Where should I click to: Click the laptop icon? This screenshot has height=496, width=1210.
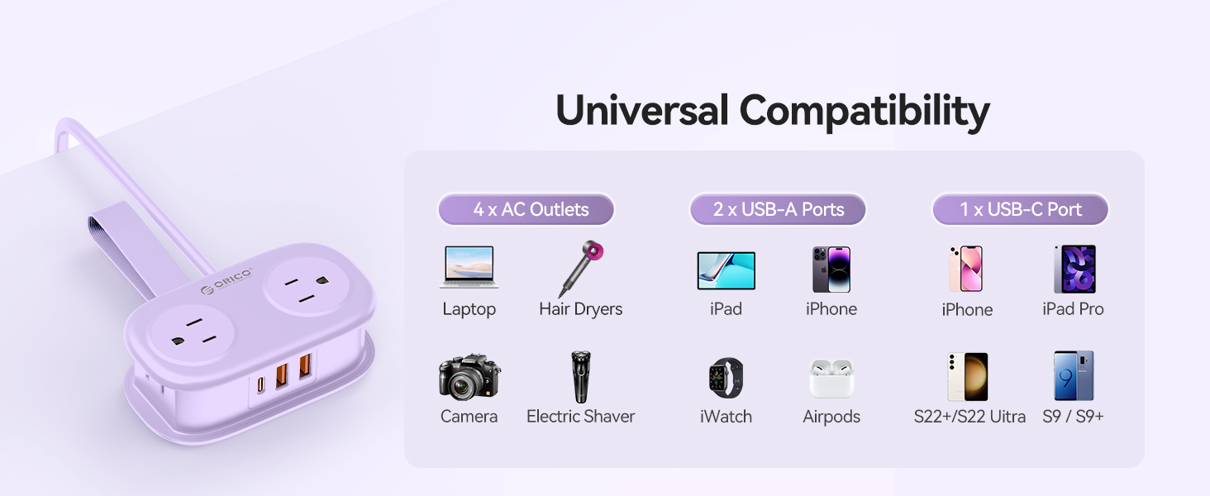click(469, 268)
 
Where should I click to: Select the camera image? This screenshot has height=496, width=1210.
click(469, 377)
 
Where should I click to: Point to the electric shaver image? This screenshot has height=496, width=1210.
click(581, 377)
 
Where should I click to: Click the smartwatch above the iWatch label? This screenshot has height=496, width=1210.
click(726, 379)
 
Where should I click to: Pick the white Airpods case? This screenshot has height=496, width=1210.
click(831, 379)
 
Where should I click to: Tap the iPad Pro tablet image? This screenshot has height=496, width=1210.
click(1074, 269)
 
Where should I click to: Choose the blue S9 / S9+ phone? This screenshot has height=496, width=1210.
click(1073, 377)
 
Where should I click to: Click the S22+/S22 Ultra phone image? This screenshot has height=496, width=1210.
click(968, 377)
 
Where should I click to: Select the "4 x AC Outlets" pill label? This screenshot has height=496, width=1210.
click(526, 210)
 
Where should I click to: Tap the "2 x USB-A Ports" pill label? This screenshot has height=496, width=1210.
click(778, 210)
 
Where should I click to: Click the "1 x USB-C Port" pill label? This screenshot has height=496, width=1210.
click(1021, 210)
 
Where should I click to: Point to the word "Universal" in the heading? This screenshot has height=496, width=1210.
click(641, 111)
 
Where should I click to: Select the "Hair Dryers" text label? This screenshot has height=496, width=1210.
click(580, 309)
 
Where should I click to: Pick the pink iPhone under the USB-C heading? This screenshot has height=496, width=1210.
click(965, 269)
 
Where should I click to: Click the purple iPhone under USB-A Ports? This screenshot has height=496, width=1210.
click(831, 269)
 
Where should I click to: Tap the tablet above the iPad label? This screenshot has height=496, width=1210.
click(726, 270)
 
